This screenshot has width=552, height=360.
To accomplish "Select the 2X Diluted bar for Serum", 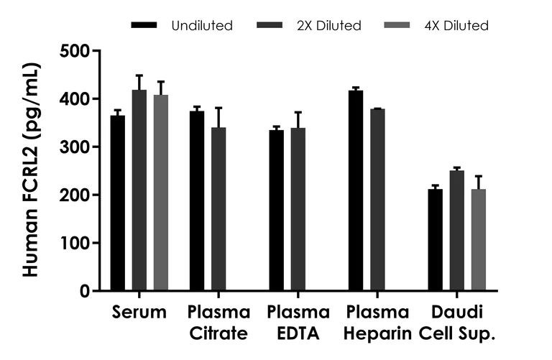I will pos(139,190).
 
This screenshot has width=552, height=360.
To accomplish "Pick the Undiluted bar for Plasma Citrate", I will pos(197,201).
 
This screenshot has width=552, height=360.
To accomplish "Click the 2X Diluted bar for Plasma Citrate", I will pos(218,209).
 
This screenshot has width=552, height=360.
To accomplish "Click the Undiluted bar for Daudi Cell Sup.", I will pos(435,240).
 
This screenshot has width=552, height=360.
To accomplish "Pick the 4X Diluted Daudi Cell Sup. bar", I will pos(477,240).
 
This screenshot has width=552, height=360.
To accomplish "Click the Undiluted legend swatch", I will pos(144,25).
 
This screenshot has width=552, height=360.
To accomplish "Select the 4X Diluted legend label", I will pos(457,25).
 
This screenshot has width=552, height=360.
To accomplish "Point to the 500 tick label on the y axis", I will pos(75,51).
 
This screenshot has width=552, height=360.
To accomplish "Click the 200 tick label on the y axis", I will pos(75,195).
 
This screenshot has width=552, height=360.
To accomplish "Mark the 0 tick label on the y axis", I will pos(84,291).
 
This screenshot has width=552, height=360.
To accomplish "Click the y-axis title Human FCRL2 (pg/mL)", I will pos(30,170).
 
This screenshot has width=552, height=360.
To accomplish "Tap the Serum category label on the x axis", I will pos(139,313).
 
